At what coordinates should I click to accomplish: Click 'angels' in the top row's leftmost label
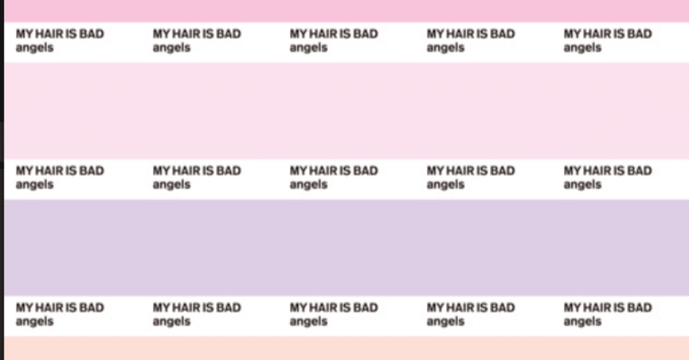[35, 48]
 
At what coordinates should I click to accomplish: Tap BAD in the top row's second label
[229, 34]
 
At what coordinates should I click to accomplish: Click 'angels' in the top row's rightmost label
[582, 48]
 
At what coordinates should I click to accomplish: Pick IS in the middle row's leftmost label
[71, 171]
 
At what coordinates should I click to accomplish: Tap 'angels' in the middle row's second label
[172, 185]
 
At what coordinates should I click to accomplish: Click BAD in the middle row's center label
[365, 171]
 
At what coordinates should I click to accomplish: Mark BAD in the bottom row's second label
[229, 307]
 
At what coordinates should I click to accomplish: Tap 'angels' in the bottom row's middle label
[308, 322]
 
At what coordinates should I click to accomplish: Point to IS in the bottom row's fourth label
[482, 307]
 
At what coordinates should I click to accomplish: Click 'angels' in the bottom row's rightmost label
[582, 322]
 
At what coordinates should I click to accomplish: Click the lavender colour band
[346, 248]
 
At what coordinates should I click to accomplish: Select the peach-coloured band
[346, 348]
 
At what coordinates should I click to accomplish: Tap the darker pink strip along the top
[346, 11]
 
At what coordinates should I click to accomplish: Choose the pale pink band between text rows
[346, 111]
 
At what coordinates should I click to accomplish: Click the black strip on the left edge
[2, 180]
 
